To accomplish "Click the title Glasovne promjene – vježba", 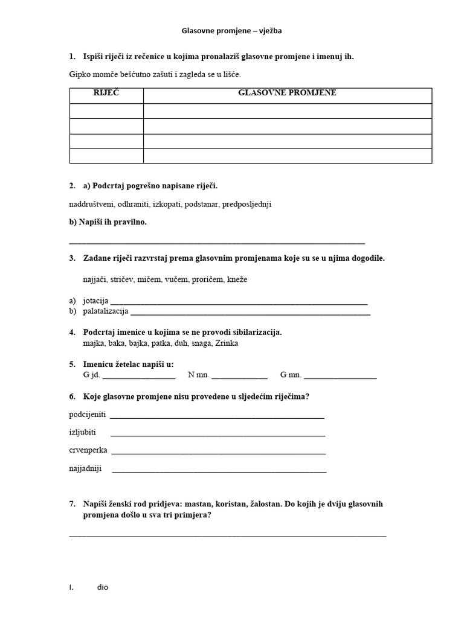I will point(231,30).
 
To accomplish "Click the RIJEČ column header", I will point(106,93).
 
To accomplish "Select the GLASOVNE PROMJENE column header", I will point(287,93).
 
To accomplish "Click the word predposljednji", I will point(246,204).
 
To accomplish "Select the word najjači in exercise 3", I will point(95,279).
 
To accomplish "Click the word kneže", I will point(237,279).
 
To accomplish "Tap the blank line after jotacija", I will point(239,301).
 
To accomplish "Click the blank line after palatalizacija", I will point(250,312).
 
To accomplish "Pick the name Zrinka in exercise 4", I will point(227,343).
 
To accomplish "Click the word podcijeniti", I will point(88,415).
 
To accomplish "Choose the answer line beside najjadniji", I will point(219,469).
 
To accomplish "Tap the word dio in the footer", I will point(103,587).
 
